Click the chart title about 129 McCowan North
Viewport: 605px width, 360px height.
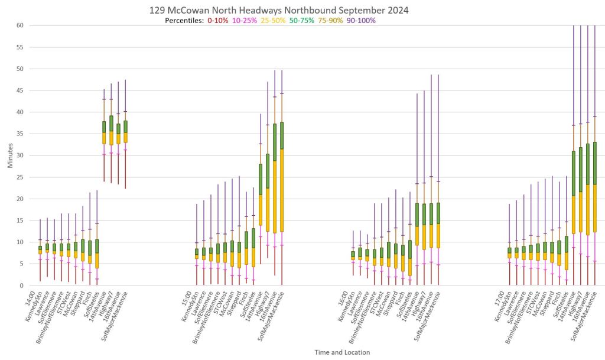279,10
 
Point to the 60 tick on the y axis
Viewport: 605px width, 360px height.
19,25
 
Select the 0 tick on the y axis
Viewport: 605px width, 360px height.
21,286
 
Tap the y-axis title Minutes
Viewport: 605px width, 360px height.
10,155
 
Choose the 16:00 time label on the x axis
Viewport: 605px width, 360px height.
347,295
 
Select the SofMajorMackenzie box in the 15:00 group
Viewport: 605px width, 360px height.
282,177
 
